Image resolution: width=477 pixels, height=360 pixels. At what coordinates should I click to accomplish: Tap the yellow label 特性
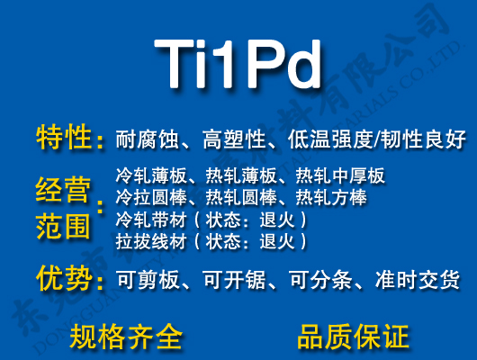(65, 139)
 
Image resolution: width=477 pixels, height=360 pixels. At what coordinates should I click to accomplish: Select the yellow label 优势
(65, 279)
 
